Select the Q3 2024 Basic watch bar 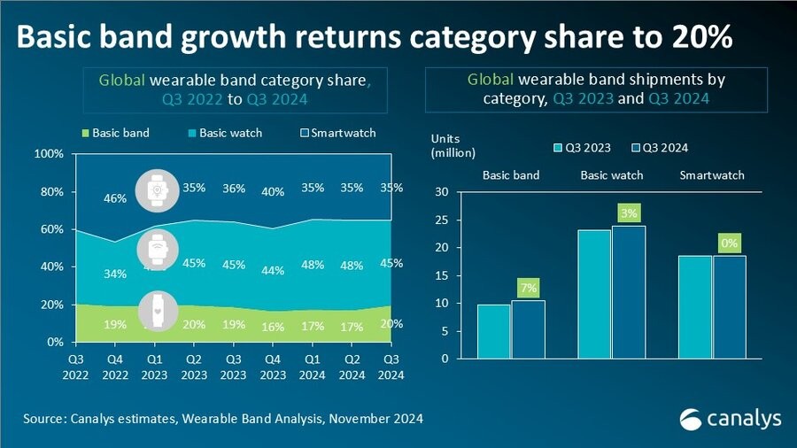tap(628, 292)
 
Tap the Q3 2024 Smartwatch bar tap(729, 307)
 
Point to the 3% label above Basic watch tap(629, 212)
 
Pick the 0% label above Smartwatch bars tap(729, 243)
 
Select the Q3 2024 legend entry tap(661, 147)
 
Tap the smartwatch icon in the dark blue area tap(156, 191)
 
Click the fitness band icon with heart tap(156, 311)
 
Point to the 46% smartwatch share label tap(114, 199)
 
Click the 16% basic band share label tap(273, 327)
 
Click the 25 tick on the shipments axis tap(443, 220)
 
